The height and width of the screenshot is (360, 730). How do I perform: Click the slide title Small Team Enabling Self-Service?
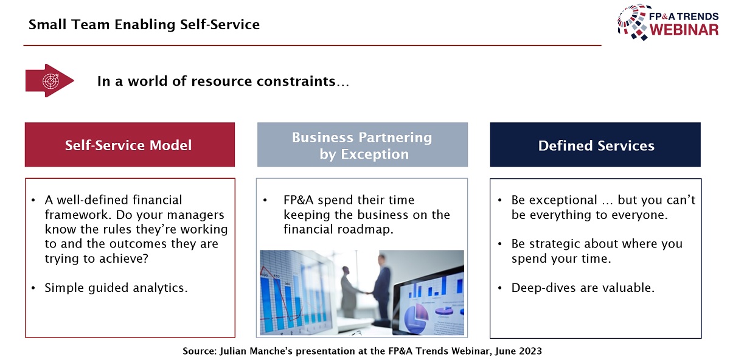coord(144,24)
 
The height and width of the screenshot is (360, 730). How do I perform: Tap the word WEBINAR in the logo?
coord(684,30)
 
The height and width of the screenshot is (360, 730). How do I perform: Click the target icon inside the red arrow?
coord(51,80)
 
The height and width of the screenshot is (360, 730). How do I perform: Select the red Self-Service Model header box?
coord(130,145)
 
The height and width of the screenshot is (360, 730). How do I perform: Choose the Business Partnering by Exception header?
coord(363,145)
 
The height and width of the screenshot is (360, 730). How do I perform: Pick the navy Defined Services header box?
coord(595,145)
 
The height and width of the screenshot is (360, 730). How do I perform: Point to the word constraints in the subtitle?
coord(296,81)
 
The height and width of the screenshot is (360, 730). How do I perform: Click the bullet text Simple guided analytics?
coord(116,288)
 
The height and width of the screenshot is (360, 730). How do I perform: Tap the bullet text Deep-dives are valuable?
coord(583,288)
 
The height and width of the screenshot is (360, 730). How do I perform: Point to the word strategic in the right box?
coord(557,244)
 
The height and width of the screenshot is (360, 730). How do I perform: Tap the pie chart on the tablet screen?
coord(416,317)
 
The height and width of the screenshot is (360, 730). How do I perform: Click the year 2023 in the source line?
coord(530,351)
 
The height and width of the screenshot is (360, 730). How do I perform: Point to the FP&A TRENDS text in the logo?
coord(684,16)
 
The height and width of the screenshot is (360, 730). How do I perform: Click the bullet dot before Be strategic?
coord(500,244)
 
